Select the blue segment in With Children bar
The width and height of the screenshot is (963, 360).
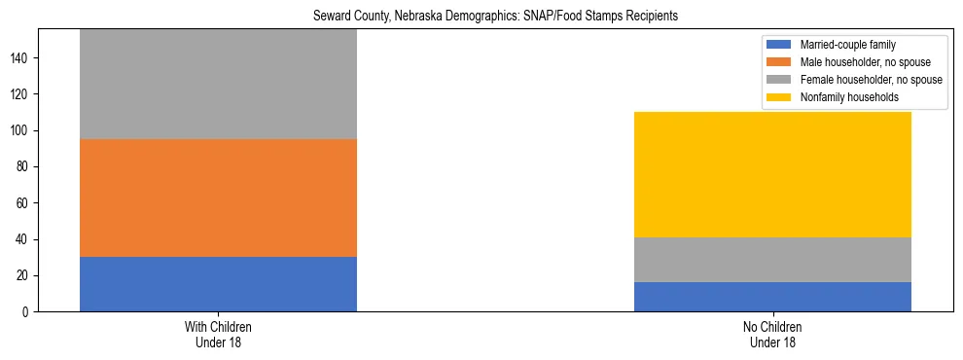[x=218, y=284]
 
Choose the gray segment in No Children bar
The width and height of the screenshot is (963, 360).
[x=772, y=260]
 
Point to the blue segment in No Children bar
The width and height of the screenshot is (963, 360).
[x=772, y=297]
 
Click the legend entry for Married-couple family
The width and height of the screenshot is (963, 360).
[x=847, y=45]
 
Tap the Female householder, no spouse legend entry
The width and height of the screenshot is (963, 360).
[x=870, y=80]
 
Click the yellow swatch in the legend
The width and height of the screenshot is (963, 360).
[x=780, y=97]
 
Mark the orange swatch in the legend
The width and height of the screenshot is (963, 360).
[x=780, y=62]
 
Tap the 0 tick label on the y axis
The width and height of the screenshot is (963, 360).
[x=29, y=312]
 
